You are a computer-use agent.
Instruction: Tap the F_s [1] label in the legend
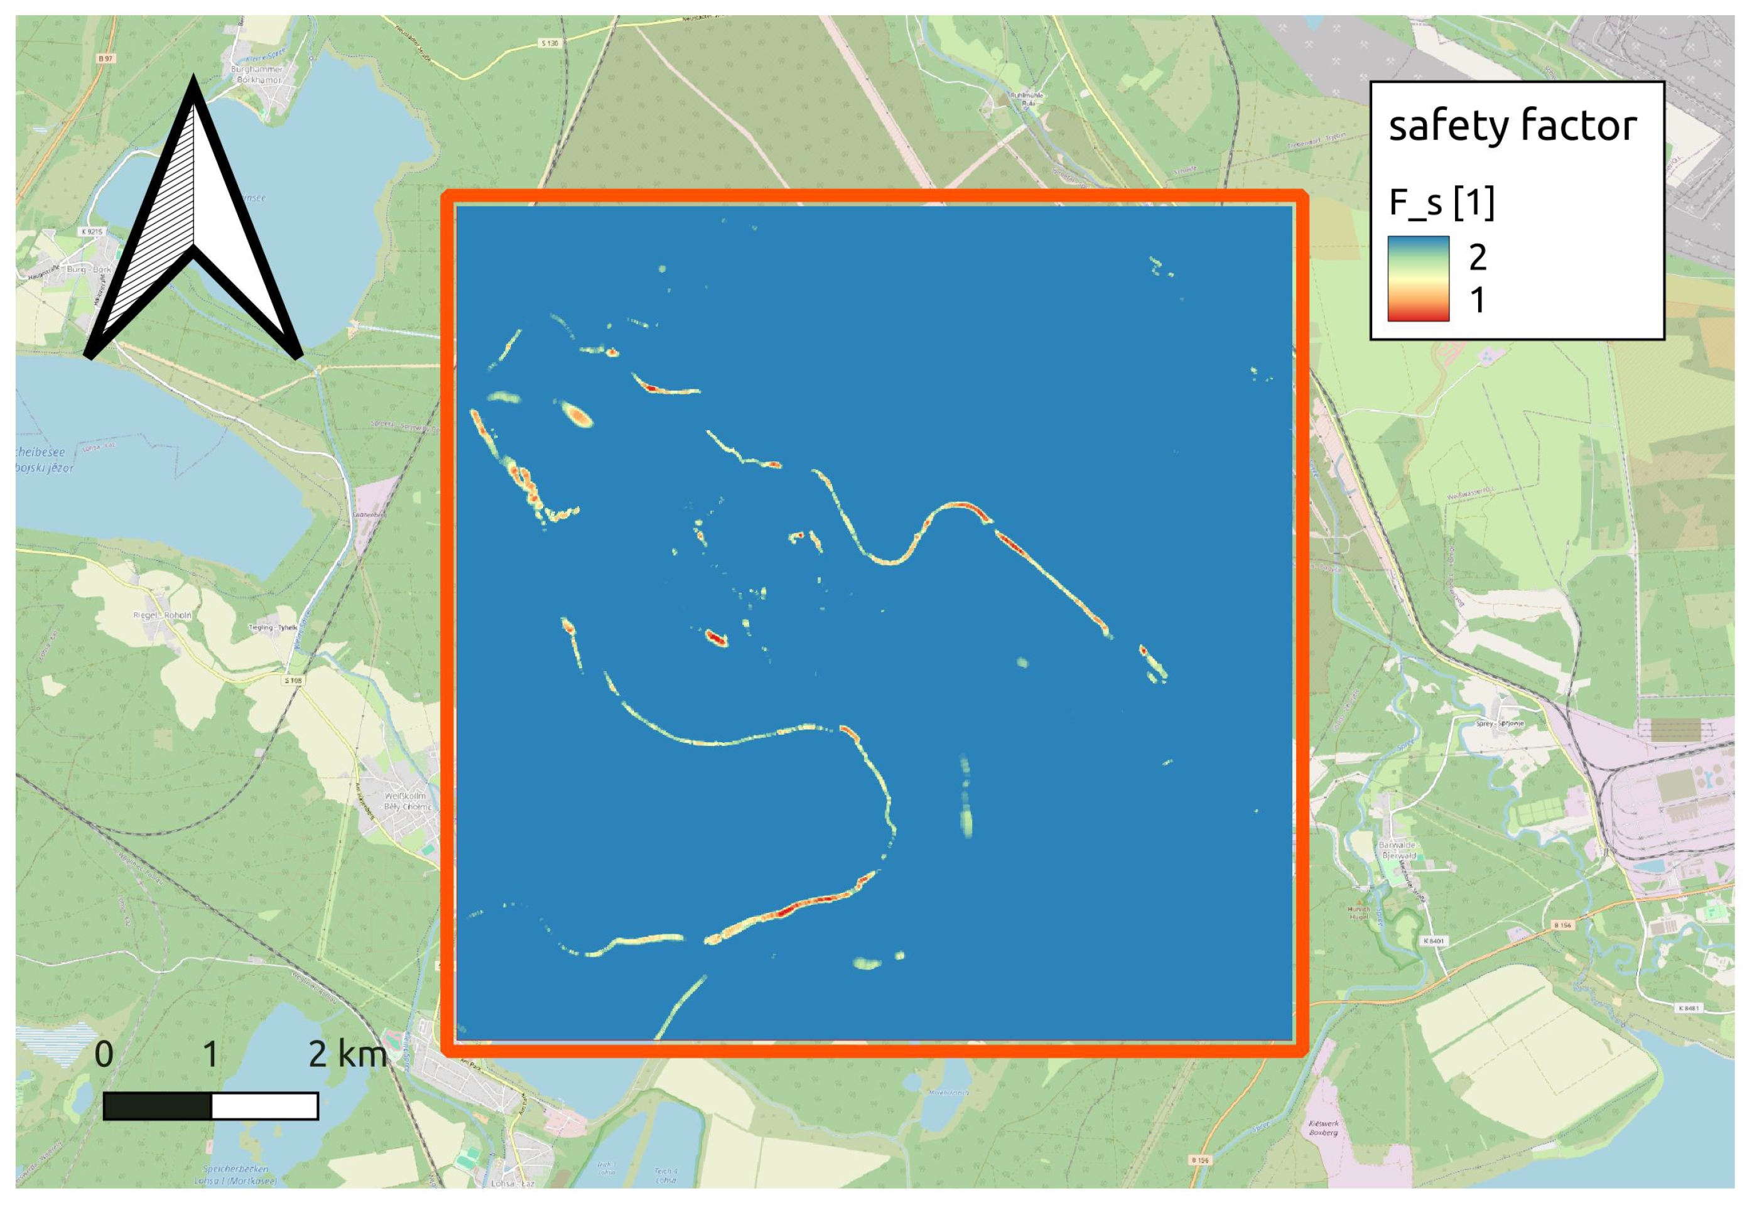1441,202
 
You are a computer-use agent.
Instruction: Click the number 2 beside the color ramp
1477,257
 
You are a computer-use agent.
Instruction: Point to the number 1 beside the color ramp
1477,301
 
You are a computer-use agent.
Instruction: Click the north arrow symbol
193,227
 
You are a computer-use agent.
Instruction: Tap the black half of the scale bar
157,1106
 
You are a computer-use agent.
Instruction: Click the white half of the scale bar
264,1106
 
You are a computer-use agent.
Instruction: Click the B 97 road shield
105,58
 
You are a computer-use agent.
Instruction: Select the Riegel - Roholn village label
162,615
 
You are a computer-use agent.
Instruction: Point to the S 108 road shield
293,680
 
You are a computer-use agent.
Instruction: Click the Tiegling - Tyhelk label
273,627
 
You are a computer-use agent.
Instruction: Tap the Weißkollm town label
406,796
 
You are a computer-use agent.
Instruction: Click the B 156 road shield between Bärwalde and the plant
1562,925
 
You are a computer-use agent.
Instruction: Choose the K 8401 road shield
1434,941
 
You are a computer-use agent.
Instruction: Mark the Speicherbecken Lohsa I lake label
235,1175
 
